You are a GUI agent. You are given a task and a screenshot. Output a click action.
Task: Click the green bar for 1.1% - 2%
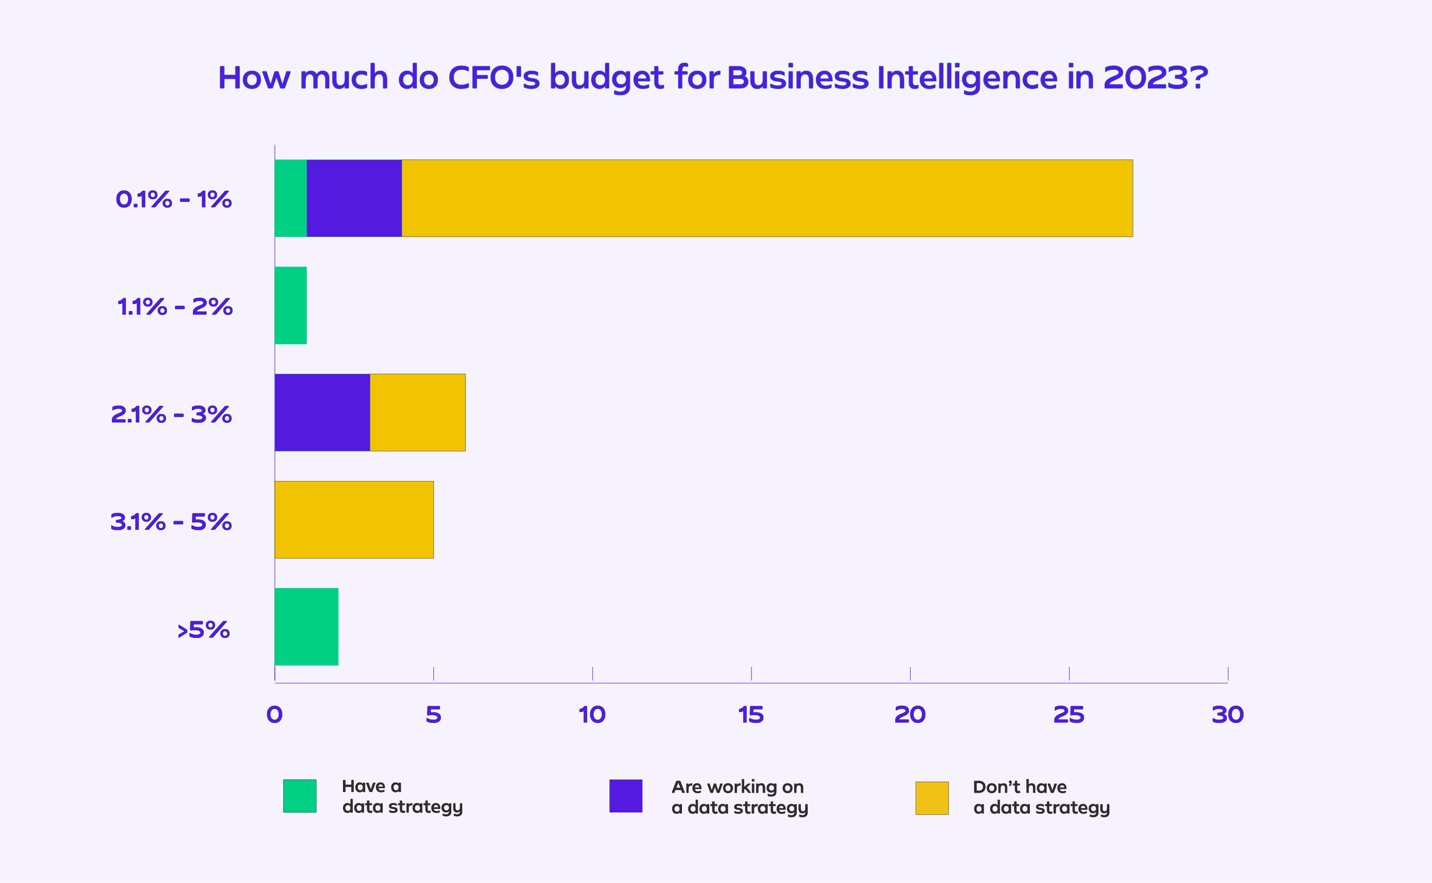point(290,306)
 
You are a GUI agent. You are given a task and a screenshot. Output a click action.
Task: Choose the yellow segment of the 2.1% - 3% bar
point(418,412)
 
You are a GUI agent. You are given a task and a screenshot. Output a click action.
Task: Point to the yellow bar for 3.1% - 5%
point(354,520)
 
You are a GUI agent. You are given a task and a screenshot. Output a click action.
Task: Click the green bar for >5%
point(306,627)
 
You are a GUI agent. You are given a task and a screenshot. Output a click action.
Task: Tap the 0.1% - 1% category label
point(173,200)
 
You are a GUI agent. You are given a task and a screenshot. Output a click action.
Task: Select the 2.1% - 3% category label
point(171,414)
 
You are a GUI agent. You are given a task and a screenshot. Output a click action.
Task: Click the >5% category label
point(203,630)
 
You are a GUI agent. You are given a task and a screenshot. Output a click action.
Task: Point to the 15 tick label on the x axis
point(751,715)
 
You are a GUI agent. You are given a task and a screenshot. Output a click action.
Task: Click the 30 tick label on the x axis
point(1228,715)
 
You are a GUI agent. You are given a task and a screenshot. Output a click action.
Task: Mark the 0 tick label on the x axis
point(274,715)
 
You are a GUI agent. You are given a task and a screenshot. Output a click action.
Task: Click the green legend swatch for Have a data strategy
point(300,796)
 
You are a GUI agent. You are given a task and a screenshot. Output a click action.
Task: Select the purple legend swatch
point(625,796)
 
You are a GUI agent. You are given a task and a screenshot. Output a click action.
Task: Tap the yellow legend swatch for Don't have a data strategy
point(931,798)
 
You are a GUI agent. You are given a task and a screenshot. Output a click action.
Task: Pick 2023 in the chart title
point(1146,77)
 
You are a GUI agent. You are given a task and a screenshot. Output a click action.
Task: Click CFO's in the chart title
point(494,77)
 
